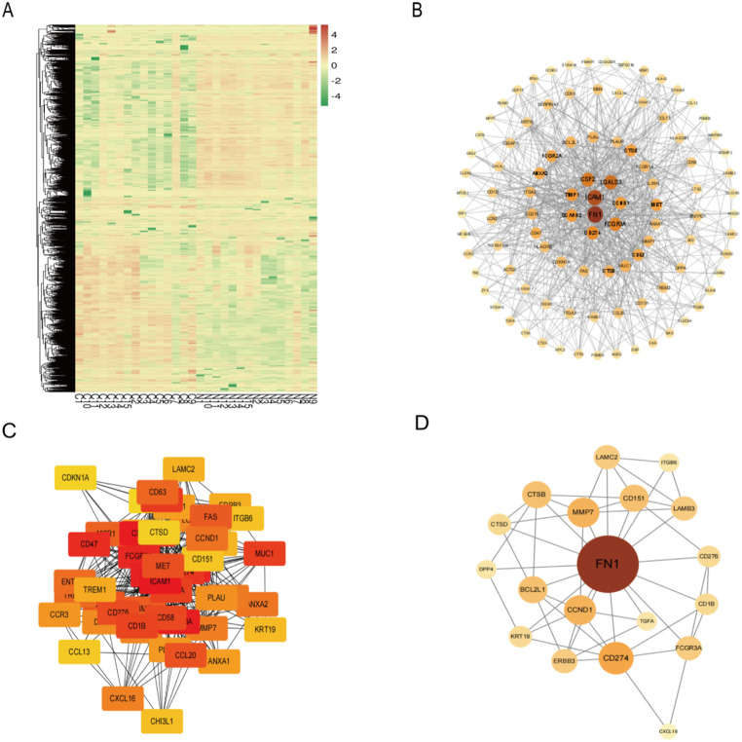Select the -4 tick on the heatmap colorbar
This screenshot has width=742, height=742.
click(x=337, y=97)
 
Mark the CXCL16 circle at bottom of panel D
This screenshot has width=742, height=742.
click(x=667, y=729)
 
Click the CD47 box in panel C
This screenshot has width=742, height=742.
click(x=90, y=543)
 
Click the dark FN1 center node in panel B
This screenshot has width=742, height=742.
click(x=594, y=213)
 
